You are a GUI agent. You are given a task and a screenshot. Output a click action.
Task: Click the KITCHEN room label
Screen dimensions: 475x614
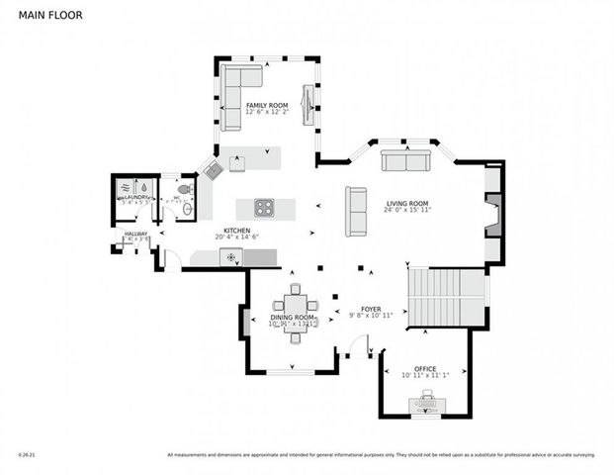(236, 230)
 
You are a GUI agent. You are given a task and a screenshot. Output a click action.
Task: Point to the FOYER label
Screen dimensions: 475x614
(371, 309)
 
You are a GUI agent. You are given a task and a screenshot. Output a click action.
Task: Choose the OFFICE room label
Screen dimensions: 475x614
(425, 368)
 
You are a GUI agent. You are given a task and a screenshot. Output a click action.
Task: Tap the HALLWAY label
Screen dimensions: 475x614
(135, 234)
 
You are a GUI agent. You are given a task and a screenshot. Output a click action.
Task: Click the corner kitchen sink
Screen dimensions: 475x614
(214, 170)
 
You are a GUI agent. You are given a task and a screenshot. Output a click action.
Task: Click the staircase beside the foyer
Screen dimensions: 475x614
(436, 297)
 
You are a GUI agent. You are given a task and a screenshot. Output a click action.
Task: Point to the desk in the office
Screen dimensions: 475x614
(427, 404)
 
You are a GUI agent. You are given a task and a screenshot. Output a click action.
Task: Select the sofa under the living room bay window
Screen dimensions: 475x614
(405, 162)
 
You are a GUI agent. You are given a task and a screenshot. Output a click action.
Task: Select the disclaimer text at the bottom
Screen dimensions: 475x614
(381, 455)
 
